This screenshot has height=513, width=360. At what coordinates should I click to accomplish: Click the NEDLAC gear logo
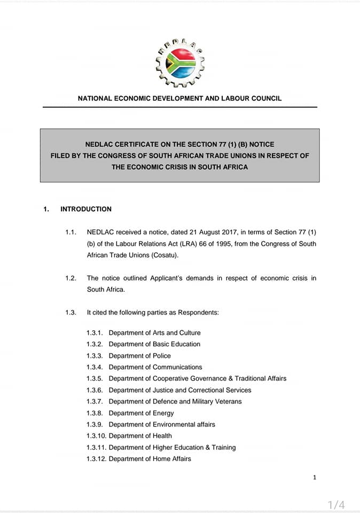coord(179,63)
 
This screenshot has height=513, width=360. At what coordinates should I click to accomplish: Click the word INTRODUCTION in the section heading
coord(86,209)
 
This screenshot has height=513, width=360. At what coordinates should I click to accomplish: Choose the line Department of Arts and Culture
coord(154,333)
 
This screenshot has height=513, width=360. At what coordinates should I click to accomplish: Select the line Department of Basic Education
coord(154,344)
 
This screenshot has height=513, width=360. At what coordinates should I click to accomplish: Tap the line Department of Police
coord(140,356)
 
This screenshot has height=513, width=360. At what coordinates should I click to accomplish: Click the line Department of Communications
coord(155,367)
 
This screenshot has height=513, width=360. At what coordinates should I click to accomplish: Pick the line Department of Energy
coord(141,413)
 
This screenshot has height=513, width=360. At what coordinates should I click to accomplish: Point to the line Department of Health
coord(140,436)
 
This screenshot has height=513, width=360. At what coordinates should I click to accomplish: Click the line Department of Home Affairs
coord(150,459)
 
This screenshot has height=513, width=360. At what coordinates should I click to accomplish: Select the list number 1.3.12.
coord(97,459)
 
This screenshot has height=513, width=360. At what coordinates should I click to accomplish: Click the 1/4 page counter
coord(336,504)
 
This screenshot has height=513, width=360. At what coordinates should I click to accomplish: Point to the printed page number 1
coord(315,477)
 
